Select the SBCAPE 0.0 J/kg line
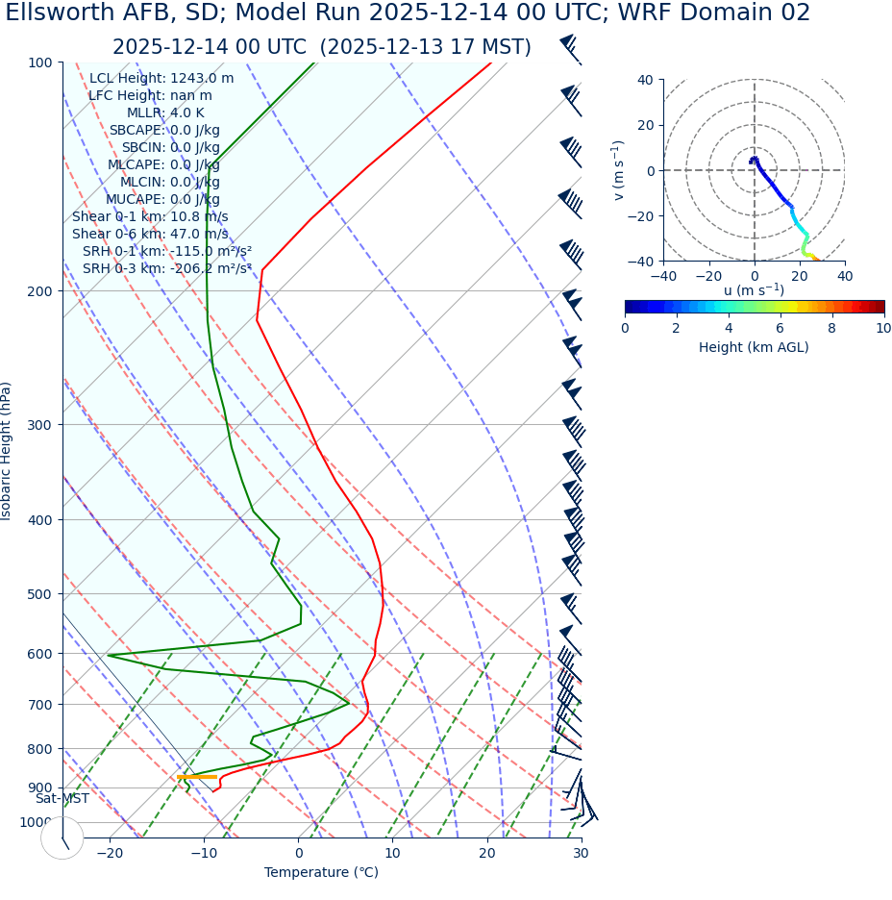[x=163, y=131]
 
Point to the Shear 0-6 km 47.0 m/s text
[x=150, y=235]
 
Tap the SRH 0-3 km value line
[x=167, y=269]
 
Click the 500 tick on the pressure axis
[x=39, y=594]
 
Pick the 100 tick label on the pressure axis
[x=39, y=62]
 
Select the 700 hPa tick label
[x=39, y=705]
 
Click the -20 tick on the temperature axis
[x=110, y=853]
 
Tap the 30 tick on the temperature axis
[x=581, y=853]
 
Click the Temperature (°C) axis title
[x=321, y=873]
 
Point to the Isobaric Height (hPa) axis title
[x=7, y=451]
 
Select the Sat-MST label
[x=62, y=799]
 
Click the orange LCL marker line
[x=197, y=777]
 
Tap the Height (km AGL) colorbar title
[x=754, y=347]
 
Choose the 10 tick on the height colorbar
[x=883, y=329]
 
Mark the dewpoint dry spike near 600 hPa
[x=110, y=656]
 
